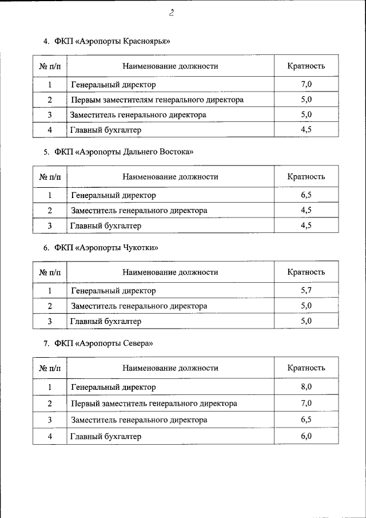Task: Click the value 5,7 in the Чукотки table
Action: pyautogui.click(x=306, y=291)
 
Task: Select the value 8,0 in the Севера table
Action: pyautogui.click(x=306, y=387)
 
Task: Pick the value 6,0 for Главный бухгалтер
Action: pyautogui.click(x=306, y=436)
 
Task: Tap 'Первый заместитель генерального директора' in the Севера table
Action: pyautogui.click(x=154, y=404)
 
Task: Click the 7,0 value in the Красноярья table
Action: pyautogui.click(x=306, y=85)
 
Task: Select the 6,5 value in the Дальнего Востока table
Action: pyautogui.click(x=306, y=195)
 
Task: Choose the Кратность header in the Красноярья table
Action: pyautogui.click(x=306, y=66)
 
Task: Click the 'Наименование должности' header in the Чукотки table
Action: pyautogui.click(x=170, y=272)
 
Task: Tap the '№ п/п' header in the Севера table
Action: pyautogui.click(x=50, y=368)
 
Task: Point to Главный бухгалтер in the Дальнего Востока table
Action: pyautogui.click(x=105, y=226)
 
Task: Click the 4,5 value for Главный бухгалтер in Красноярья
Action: pyautogui.click(x=306, y=130)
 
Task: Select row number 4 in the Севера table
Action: pyautogui.click(x=50, y=436)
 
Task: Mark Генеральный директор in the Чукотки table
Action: pyautogui.click(x=113, y=291)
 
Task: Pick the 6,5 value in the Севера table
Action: pyautogui.click(x=306, y=420)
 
